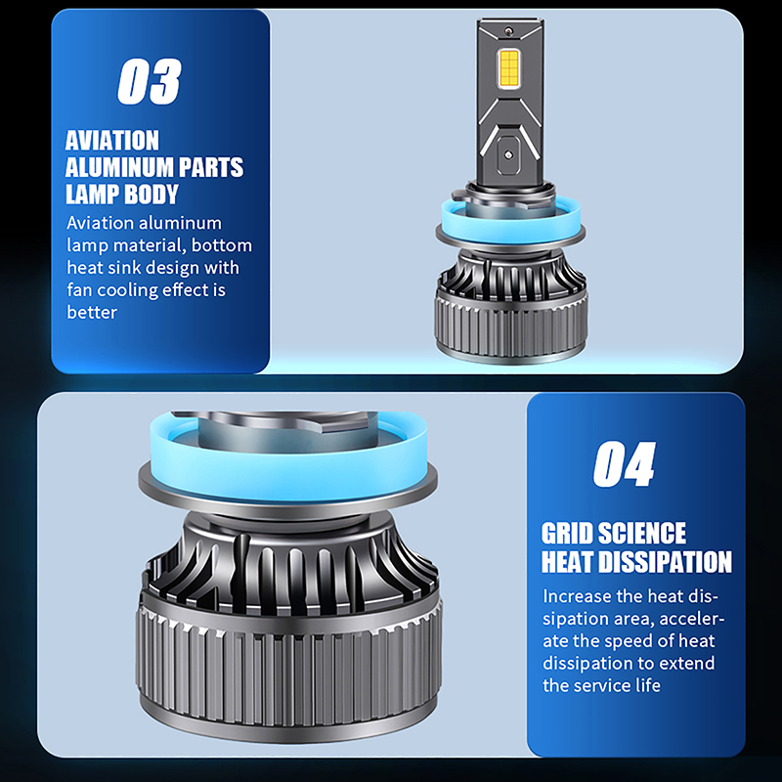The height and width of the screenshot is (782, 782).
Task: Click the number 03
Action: pyautogui.click(x=150, y=81)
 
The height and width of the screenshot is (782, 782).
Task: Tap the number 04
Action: pyautogui.click(x=624, y=463)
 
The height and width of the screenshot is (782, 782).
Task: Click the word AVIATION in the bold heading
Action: pyautogui.click(x=112, y=140)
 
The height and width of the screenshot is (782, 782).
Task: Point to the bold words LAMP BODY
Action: pyautogui.click(x=121, y=194)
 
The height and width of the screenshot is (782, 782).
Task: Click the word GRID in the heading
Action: pyautogui.click(x=567, y=534)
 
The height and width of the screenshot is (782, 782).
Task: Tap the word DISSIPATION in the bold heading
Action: pyautogui.click(x=665, y=561)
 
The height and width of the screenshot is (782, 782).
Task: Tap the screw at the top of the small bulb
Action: pyautogui.click(x=508, y=31)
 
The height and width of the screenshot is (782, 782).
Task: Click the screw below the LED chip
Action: pyautogui.click(x=508, y=154)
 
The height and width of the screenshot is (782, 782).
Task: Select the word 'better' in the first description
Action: pyautogui.click(x=92, y=312)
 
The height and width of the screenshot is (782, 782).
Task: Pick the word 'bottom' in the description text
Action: pyautogui.click(x=222, y=245)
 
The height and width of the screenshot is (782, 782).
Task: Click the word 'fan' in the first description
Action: pyautogui.click(x=80, y=289)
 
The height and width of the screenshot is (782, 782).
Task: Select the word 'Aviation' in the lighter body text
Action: pyautogui.click(x=101, y=223)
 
